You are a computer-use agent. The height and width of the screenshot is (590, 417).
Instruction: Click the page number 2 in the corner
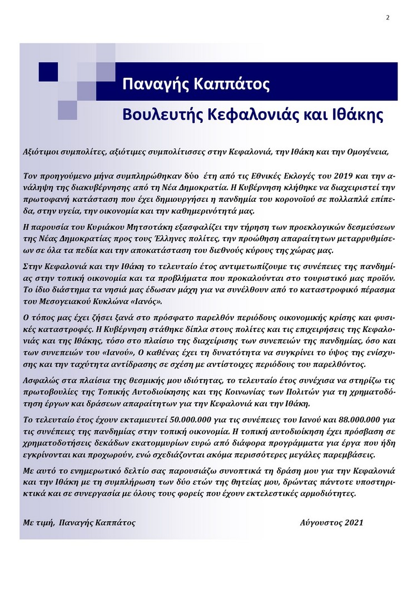pos(388,17)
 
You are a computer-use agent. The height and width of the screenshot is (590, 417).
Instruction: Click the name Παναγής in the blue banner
pos(150,85)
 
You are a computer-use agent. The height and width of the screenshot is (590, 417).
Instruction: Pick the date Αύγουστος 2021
pos(332,523)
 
